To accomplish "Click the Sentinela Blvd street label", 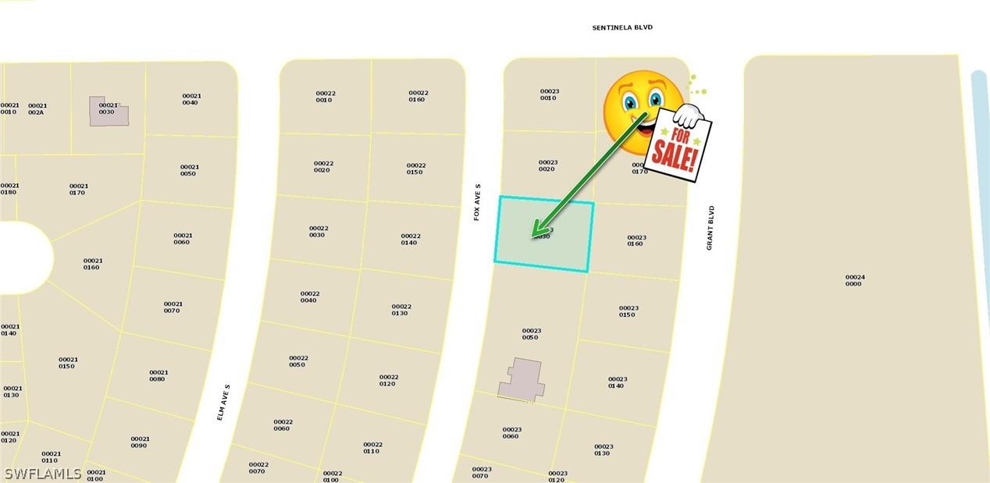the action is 621,27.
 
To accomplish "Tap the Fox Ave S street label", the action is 477,202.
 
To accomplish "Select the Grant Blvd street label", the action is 710,228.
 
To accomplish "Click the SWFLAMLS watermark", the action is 42,474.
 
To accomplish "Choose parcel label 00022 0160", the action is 418,96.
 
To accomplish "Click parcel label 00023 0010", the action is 550,94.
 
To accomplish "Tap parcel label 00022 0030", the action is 318,232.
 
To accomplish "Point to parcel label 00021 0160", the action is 93,264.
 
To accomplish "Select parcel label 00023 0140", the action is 617,382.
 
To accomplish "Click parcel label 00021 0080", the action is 158,375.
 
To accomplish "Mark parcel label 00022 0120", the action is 389,380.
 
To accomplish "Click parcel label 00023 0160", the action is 636,240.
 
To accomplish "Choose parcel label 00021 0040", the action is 191,99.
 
